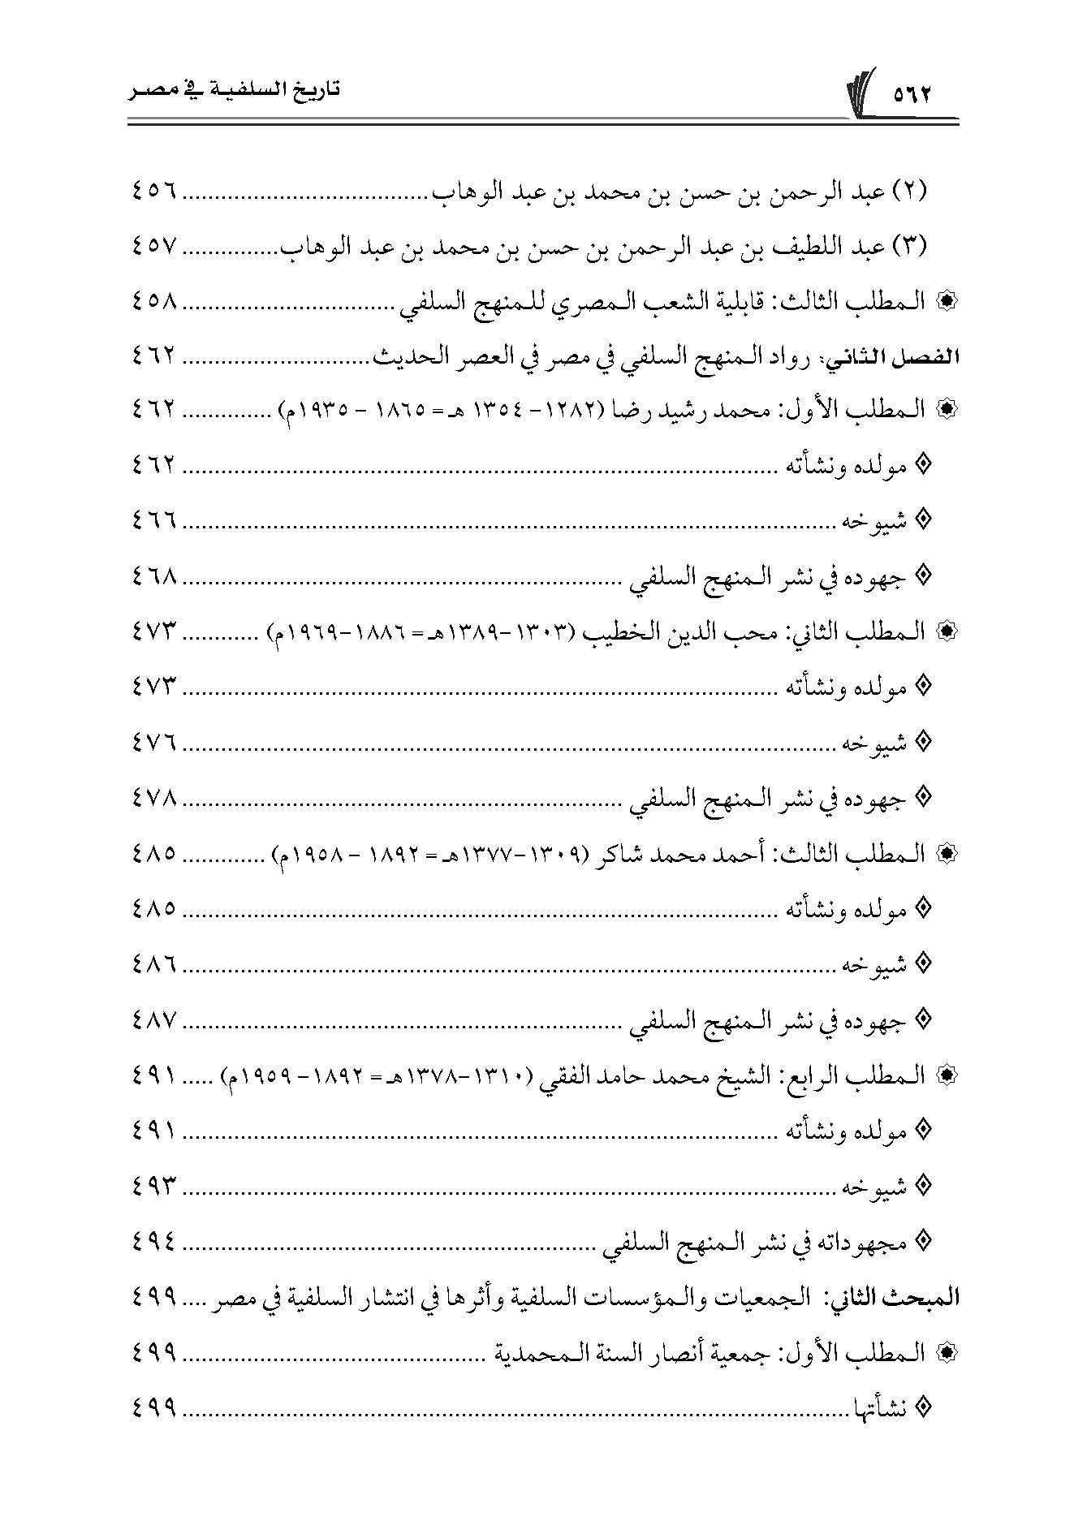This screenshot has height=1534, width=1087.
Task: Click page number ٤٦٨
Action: click(153, 576)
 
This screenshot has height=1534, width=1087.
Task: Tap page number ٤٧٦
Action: click(153, 742)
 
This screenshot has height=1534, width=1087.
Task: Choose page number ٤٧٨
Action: click(153, 798)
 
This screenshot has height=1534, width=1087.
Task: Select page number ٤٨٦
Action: click(153, 964)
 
